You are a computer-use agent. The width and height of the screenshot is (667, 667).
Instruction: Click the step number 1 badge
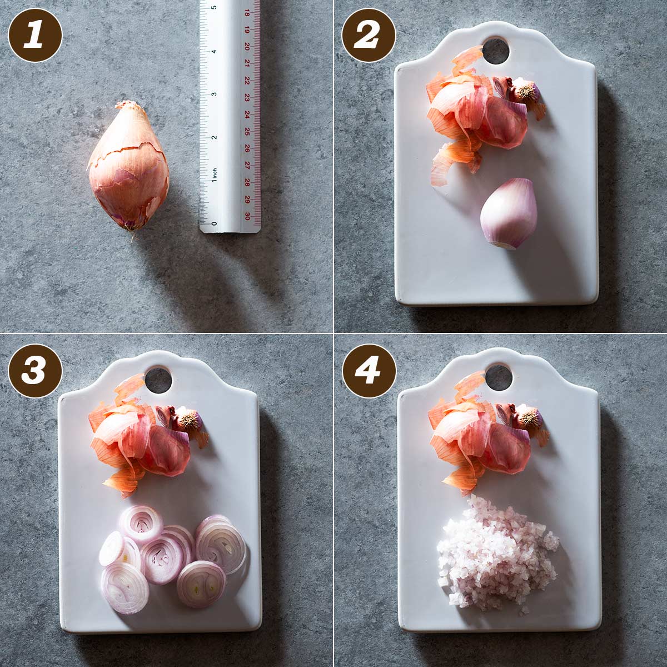coord(35,36)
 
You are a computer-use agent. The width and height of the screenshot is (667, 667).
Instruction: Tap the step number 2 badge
coord(369,36)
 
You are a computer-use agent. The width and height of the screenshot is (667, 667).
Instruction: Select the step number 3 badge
coord(35,370)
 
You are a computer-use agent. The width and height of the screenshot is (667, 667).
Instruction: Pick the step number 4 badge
coord(369,370)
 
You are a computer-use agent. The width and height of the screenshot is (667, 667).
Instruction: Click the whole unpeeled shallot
coord(127,166)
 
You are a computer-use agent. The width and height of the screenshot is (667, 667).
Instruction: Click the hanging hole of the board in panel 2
coord(496,52)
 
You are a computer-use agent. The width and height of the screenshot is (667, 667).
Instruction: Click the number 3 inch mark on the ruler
coord(214,94)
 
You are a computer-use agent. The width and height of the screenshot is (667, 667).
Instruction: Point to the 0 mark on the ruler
coord(214,223)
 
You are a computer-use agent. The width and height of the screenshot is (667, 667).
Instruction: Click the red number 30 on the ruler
coord(247,216)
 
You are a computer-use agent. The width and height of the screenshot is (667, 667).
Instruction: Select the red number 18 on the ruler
coord(247,13)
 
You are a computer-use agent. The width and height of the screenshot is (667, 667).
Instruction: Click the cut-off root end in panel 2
coord(525,91)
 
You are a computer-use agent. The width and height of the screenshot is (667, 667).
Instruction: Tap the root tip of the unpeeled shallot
coord(133,238)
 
